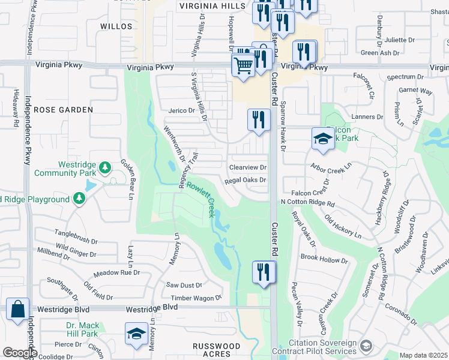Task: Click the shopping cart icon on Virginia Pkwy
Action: [x=243, y=64]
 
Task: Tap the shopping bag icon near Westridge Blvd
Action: [x=18, y=310]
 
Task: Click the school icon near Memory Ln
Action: [x=136, y=334]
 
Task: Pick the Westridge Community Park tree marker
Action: [x=106, y=166]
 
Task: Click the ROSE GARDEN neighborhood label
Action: [x=63, y=110]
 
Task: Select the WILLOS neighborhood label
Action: [x=116, y=26]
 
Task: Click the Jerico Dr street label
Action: [x=182, y=111]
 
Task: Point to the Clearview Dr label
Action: [x=247, y=167]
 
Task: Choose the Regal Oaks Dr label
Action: [x=245, y=180]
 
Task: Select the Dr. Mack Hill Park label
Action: [x=82, y=329]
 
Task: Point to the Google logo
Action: [x=19, y=353]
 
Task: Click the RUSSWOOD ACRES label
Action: [x=216, y=350]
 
